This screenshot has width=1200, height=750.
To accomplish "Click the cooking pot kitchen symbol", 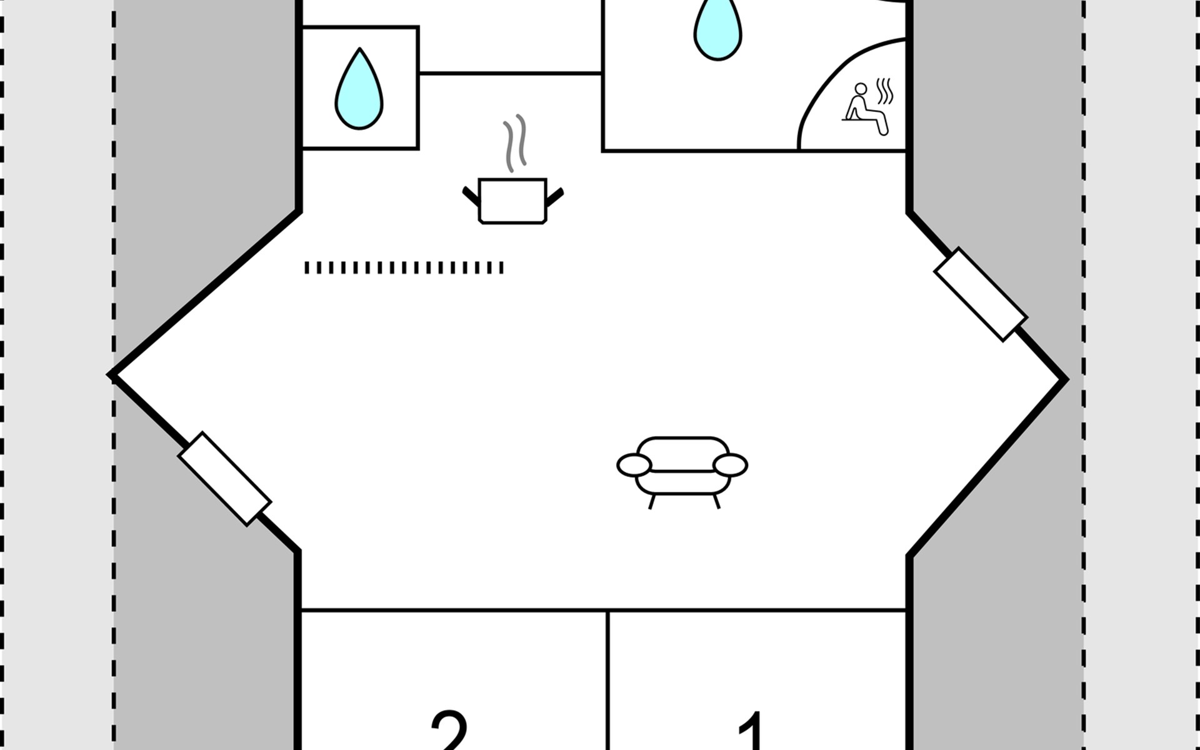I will click(x=512, y=201).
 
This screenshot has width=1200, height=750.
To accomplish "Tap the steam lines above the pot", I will click(x=515, y=143).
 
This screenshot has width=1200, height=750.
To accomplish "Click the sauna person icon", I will click(x=864, y=109).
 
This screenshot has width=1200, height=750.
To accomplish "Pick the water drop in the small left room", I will click(x=359, y=91).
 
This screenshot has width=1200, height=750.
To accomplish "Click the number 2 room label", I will click(x=449, y=731).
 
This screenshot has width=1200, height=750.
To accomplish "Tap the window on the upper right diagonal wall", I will click(x=980, y=294).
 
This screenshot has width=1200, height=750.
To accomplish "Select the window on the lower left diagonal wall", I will click(x=224, y=478).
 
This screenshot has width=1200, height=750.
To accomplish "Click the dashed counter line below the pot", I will click(x=404, y=267).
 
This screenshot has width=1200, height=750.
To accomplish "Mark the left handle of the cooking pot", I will click(x=471, y=194).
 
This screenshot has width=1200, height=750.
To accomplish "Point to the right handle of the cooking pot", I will click(x=554, y=196).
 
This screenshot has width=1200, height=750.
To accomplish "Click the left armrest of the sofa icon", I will click(x=634, y=465).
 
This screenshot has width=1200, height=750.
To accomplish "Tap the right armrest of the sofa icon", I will click(x=730, y=465).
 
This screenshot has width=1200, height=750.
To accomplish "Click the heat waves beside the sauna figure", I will click(x=884, y=91).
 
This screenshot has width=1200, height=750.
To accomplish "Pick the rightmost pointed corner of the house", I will click(x=1064, y=379).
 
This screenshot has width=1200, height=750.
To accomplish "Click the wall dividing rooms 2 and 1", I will click(x=607, y=681).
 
